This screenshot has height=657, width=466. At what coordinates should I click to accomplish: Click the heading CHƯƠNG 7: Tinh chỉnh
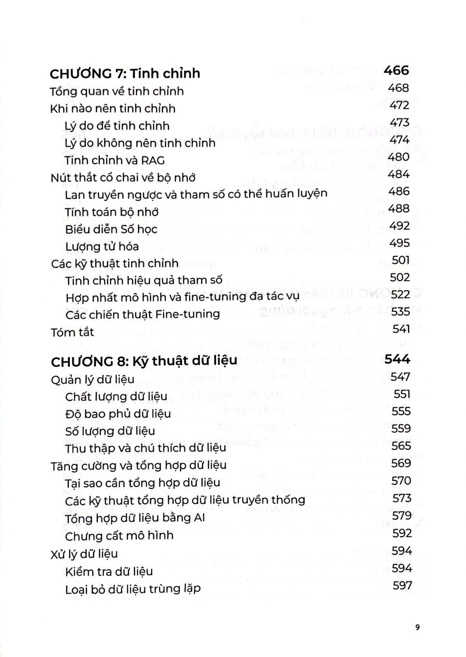125,74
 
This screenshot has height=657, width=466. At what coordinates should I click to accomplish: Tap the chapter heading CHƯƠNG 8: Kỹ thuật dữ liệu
144,361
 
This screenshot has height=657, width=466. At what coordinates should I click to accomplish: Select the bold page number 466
396,70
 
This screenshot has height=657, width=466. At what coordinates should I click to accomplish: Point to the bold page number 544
397,359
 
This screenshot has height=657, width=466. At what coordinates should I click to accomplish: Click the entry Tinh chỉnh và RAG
115,160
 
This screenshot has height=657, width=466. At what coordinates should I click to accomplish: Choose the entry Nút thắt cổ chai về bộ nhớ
123,177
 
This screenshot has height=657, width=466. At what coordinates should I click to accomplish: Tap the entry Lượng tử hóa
102,247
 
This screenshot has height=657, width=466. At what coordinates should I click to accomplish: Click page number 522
400,294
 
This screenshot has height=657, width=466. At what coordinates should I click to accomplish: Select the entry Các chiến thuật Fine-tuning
143,314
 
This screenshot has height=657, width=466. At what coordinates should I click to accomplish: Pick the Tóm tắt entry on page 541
72,332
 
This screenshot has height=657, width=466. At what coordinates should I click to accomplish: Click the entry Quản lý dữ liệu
93,379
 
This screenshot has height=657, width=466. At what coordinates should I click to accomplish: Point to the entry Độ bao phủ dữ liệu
118,414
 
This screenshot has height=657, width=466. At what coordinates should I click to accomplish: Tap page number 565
401,445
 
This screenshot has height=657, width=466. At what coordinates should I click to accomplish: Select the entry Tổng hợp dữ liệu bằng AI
140,518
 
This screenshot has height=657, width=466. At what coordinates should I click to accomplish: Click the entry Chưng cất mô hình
119,535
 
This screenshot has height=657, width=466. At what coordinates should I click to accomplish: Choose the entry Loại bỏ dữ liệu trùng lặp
133,589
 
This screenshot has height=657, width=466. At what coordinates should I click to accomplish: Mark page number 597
402,585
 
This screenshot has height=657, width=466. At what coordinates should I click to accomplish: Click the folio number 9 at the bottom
417,628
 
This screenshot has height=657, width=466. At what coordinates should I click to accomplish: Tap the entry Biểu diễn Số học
111,229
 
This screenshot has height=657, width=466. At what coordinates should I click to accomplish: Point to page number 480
399,157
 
